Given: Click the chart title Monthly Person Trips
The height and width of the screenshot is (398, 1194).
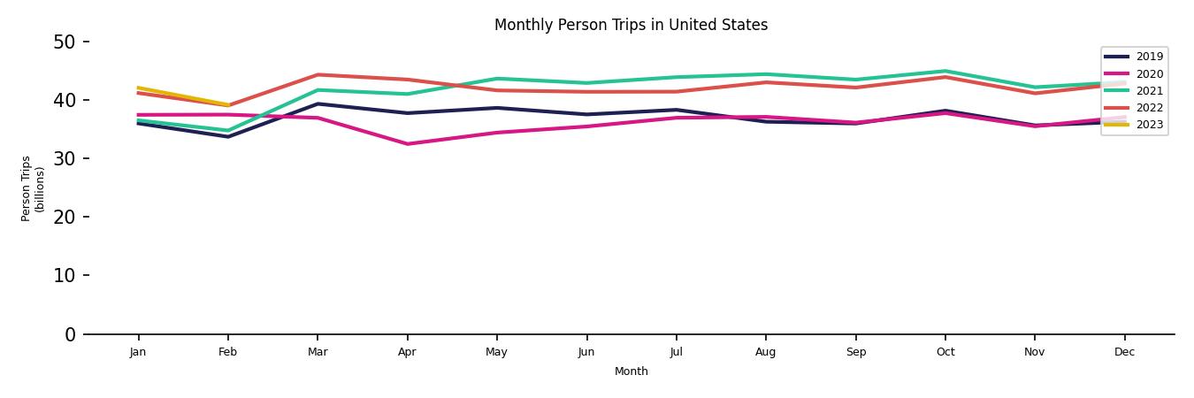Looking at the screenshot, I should point(631,25).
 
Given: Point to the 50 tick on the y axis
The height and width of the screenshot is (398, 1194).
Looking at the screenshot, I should point(65,42).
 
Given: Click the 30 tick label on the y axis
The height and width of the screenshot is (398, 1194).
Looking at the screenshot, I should point(65,158).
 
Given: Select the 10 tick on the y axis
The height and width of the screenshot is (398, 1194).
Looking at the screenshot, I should point(65,275).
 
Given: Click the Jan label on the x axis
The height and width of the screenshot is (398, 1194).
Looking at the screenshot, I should point(138,352).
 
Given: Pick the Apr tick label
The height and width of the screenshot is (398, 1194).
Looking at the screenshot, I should point(407,352).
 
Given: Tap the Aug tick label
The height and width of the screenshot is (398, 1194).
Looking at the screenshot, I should point(766,352).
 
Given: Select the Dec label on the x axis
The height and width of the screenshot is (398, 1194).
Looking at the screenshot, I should point(1124,352).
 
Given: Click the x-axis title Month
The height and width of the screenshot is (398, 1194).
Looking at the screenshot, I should point(631,371).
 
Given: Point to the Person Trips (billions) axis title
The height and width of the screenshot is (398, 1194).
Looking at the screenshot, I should point(33,188).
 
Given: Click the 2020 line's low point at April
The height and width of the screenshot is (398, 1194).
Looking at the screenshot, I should point(407,144).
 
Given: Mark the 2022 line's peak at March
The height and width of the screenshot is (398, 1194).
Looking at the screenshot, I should point(318,74).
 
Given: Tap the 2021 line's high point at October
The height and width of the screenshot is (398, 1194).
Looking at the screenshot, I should point(945,71).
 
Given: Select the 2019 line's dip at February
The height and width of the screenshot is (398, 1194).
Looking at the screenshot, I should point(227,136).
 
